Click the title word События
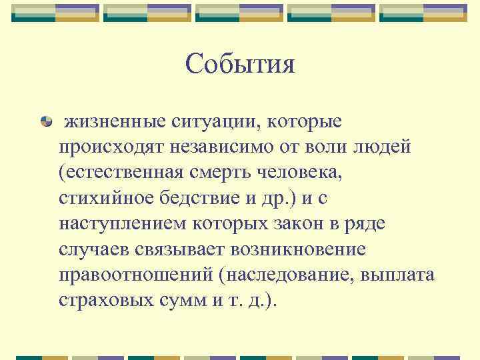pos(240,64)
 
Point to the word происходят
pos(109,147)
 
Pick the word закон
pos(256,223)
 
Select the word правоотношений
pos(137,274)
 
